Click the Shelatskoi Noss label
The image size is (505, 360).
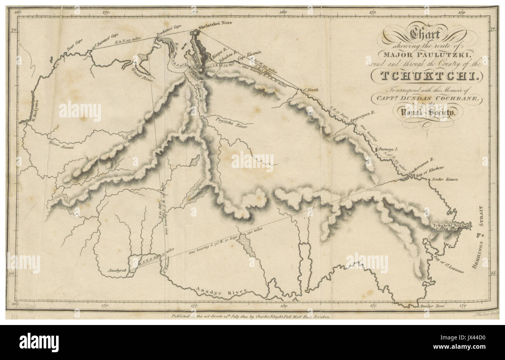[214, 23]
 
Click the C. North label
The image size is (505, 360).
[310, 91]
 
